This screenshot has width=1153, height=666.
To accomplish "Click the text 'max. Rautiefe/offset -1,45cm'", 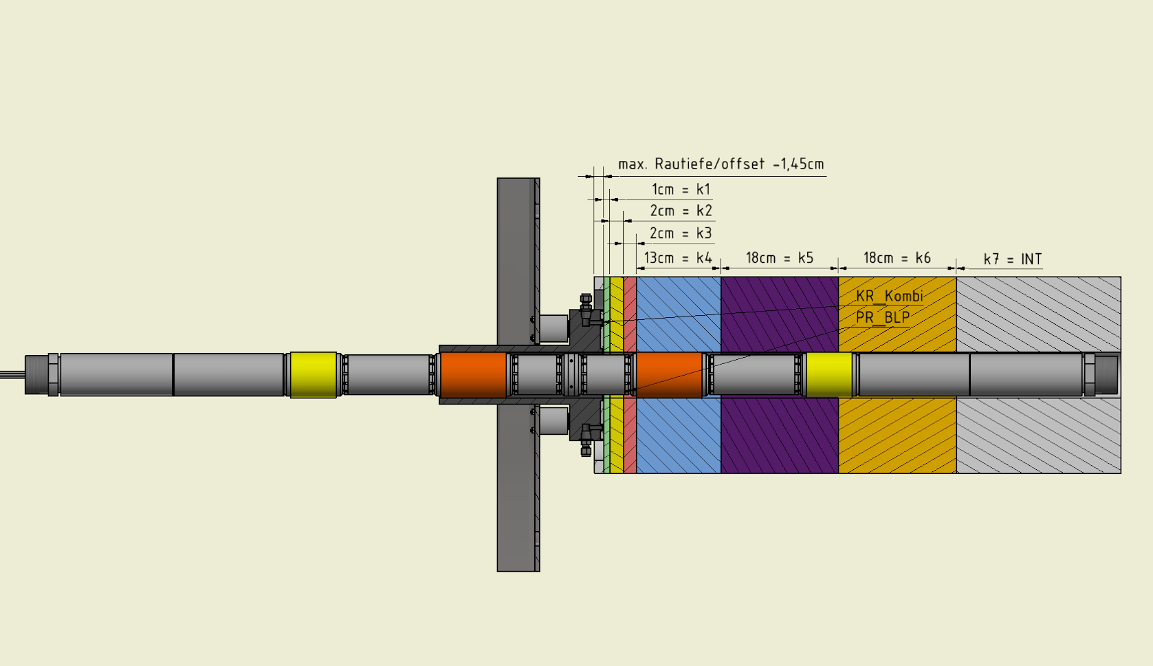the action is tap(721, 164).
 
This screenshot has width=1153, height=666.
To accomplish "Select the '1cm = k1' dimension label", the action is tap(681, 190).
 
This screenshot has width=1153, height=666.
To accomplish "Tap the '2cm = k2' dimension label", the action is tap(681, 211).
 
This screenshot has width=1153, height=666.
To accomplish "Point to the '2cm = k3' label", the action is tap(681, 233).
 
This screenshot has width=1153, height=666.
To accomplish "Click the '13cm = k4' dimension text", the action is tap(678, 257).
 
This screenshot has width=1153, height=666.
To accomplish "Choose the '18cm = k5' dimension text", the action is tap(780, 257).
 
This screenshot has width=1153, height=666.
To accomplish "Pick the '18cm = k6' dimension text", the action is tap(897, 257).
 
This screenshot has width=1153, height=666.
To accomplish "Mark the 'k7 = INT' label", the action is tap(1013, 259).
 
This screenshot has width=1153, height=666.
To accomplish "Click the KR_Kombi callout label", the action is tap(890, 296).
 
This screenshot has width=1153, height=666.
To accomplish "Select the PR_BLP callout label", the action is tap(883, 317).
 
